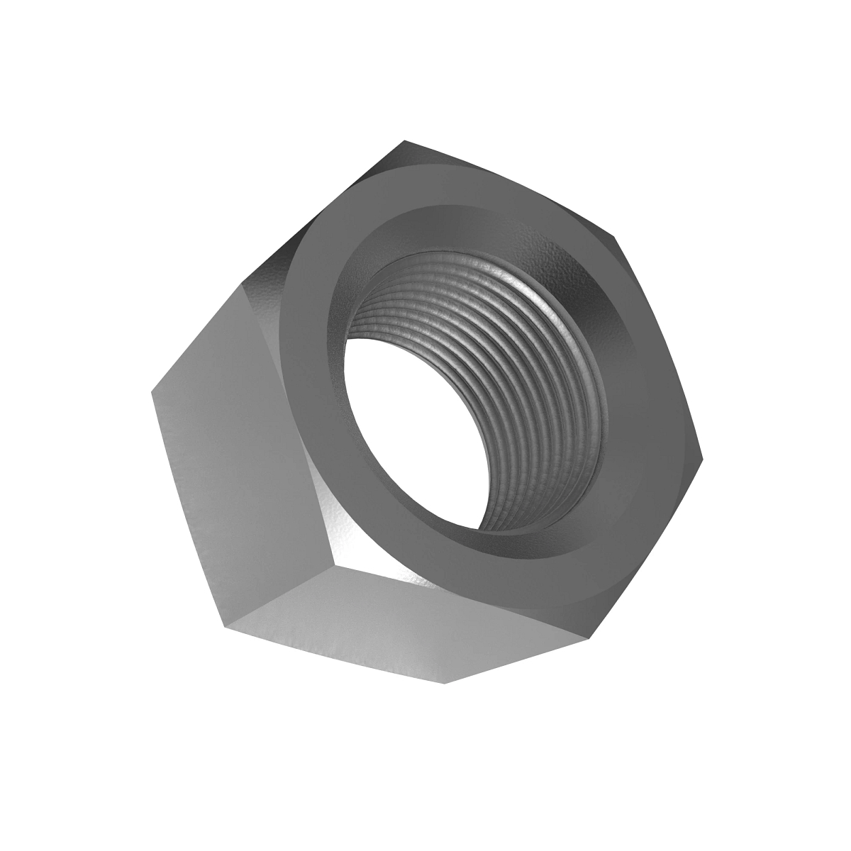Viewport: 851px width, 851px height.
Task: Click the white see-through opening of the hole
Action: click(418, 433)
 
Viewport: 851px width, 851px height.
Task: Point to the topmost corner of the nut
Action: click(406, 141)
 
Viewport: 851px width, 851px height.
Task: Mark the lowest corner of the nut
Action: click(445, 683)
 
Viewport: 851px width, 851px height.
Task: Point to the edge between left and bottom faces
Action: click(284, 596)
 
